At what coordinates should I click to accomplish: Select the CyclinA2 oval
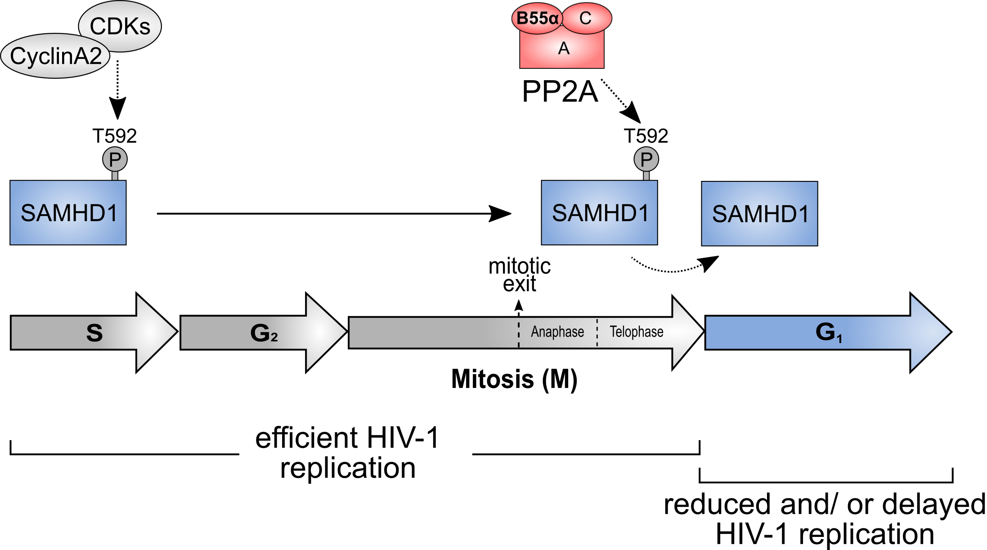[x=55, y=56]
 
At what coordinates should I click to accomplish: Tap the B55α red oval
[x=537, y=18]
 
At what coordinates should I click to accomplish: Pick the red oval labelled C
[x=586, y=18]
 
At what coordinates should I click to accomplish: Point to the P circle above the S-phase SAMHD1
[x=115, y=159]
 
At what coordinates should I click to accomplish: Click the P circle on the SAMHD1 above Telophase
[x=646, y=159]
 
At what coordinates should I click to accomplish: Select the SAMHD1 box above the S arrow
[x=68, y=213]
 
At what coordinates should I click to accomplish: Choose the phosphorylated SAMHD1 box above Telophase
[x=599, y=213]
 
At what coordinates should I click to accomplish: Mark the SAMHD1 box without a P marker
[x=759, y=214]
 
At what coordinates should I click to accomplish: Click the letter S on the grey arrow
[x=94, y=333]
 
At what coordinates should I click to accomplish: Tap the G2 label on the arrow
[x=264, y=333]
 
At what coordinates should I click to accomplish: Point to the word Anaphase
[x=557, y=332]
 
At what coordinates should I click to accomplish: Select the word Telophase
[x=636, y=332]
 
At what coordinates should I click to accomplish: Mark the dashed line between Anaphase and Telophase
[x=597, y=333]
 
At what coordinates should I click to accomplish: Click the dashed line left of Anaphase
[x=519, y=334]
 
